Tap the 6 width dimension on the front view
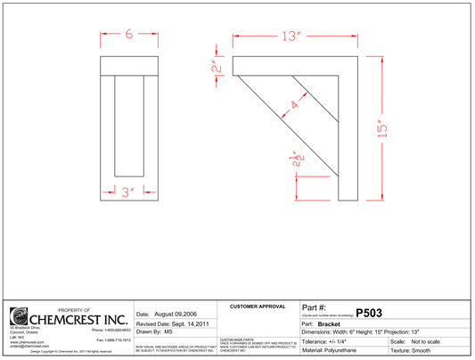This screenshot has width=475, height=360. click(x=129, y=34)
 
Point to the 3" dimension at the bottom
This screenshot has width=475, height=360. click(x=129, y=191)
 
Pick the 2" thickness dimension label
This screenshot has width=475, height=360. click(x=215, y=68)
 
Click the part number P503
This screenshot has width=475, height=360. click(x=370, y=313)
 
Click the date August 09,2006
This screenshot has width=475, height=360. click(x=162, y=315)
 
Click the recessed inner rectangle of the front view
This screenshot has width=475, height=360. click(x=129, y=126)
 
